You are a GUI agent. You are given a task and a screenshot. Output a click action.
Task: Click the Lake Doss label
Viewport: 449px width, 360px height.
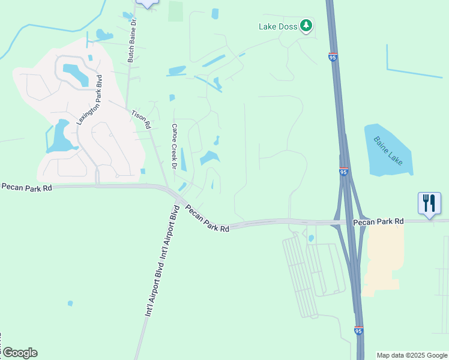279,26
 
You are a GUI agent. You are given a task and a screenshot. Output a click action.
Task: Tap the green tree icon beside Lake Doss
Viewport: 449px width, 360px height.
307,25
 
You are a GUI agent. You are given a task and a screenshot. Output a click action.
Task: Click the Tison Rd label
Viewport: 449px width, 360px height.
140,119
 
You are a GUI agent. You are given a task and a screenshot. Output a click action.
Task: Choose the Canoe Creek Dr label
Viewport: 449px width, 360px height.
175,146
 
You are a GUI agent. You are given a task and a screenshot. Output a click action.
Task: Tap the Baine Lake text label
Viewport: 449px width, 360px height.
389,151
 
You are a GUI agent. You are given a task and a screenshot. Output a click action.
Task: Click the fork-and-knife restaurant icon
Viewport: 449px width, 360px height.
429,203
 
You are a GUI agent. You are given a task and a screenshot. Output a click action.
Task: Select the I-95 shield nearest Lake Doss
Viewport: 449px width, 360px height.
333,57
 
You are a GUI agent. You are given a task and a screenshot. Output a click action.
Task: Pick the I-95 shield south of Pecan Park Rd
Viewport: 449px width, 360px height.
358,330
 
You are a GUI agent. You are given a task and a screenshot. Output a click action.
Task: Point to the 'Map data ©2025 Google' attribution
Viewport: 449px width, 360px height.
412,355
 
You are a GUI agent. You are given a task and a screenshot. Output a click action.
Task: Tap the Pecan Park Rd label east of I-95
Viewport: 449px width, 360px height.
378,221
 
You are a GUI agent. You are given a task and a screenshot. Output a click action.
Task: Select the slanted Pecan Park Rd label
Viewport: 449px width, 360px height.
207,219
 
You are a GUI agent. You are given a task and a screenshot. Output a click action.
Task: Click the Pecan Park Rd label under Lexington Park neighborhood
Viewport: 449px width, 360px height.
27,187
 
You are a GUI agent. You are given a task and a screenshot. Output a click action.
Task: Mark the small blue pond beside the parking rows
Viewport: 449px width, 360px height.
311,238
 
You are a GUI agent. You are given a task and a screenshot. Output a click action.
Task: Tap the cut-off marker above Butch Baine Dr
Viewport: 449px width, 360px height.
147,3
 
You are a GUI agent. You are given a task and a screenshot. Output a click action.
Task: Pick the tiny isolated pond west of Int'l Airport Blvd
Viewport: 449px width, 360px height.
70,303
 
